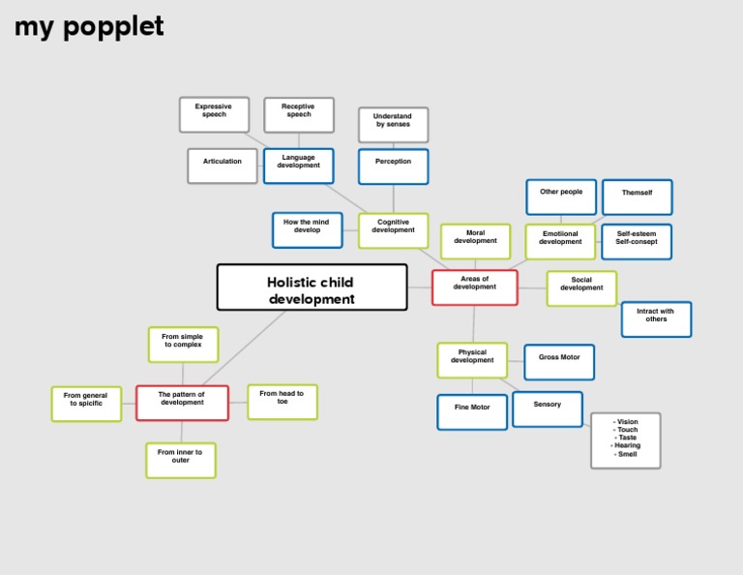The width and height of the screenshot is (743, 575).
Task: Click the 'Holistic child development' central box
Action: [x=312, y=287]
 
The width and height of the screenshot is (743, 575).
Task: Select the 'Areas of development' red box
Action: [x=475, y=287]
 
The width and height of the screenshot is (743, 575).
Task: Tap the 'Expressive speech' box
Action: [x=214, y=115]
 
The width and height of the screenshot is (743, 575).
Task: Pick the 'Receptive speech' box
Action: [x=299, y=115]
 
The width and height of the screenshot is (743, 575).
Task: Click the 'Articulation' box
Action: [x=223, y=166]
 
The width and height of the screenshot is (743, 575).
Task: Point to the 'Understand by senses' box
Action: [x=394, y=125]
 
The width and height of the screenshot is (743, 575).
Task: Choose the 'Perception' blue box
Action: [x=394, y=166]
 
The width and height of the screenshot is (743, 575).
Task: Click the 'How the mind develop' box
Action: [x=307, y=230]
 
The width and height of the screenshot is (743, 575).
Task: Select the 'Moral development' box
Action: [x=475, y=241]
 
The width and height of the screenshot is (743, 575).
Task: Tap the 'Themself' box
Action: [x=638, y=197]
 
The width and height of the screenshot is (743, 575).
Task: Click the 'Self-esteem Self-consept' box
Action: [x=637, y=242]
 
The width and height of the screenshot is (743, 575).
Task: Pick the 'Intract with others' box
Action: [x=656, y=319]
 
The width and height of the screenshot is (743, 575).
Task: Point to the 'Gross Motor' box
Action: [x=559, y=362]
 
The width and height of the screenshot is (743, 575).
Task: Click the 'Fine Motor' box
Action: [x=472, y=412]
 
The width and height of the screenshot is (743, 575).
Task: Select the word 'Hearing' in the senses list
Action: [x=627, y=445]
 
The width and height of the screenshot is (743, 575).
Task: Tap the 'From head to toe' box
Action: [x=282, y=402]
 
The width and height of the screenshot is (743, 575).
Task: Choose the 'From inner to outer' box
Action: [x=181, y=460]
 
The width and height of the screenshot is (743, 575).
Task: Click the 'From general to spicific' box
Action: [x=86, y=404]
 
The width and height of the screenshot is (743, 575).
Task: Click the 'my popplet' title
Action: [x=89, y=27]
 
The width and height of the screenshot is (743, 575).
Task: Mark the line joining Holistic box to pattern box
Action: [x=244, y=348]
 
